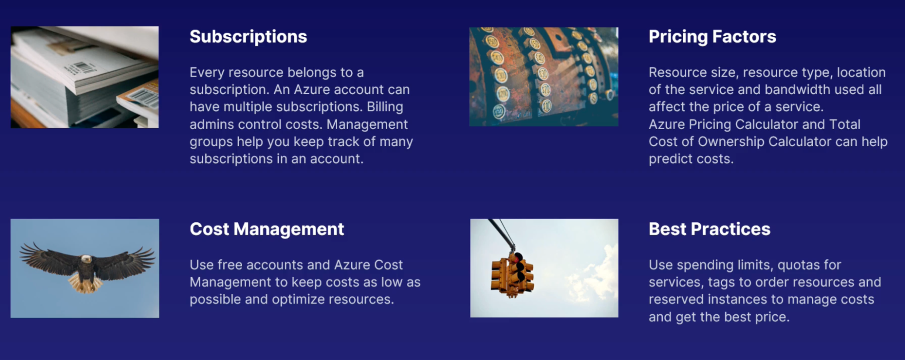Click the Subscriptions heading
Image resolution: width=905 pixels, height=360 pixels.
248,37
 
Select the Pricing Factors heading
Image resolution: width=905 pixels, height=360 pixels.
712,37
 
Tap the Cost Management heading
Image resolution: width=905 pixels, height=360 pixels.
267,229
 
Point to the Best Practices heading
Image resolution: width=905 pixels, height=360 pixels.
709,229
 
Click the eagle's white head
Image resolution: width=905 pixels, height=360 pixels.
86,259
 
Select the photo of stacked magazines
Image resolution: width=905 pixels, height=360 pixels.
85,77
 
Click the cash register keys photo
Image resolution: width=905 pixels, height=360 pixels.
544,77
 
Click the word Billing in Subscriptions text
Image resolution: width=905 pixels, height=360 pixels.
385,107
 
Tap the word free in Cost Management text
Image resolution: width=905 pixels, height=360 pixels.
229,265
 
